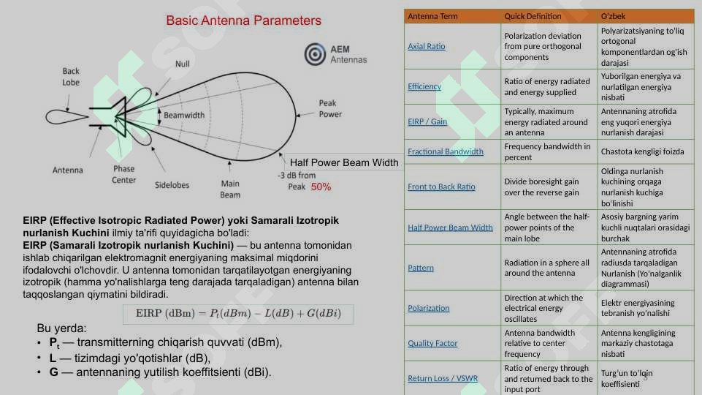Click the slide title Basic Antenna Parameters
click(x=243, y=20)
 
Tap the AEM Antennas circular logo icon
click(x=316, y=54)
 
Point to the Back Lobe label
click(x=71, y=77)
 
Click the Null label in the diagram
click(x=182, y=64)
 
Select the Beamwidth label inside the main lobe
click(x=184, y=116)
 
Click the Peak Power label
click(x=329, y=109)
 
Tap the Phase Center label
click(x=123, y=174)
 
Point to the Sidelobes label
click(x=172, y=185)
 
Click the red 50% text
click(x=321, y=187)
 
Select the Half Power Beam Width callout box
click(x=343, y=162)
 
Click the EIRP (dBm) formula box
click(x=237, y=314)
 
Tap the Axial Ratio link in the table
click(x=426, y=47)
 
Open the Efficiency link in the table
click(x=424, y=86)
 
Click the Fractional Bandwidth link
click(x=445, y=151)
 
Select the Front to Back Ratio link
click(x=441, y=187)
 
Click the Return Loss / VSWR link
click(x=443, y=378)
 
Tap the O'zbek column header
click(x=613, y=16)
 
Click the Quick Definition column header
click(x=533, y=16)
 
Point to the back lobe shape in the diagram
click(x=67, y=117)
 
